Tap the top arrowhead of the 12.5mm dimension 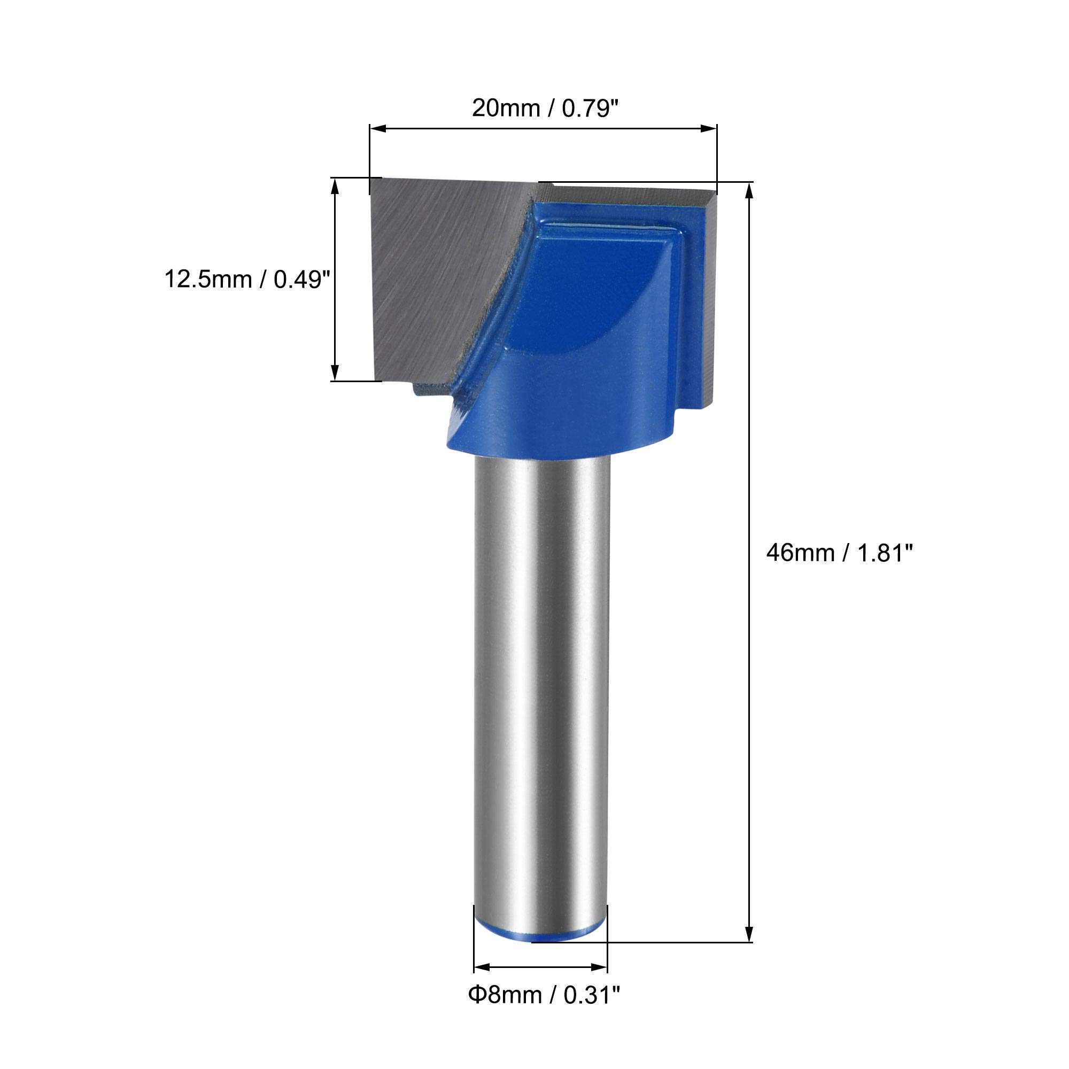[334, 186]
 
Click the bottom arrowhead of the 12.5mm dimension [334, 373]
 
